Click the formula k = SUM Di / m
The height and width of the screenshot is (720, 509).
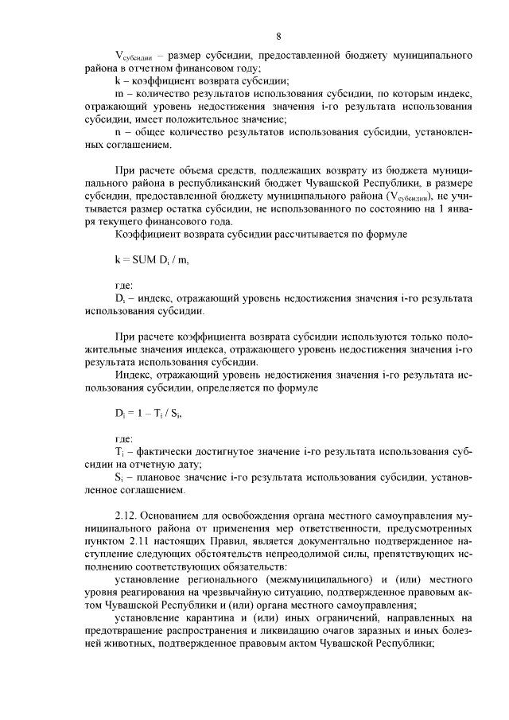(x=151, y=260)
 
